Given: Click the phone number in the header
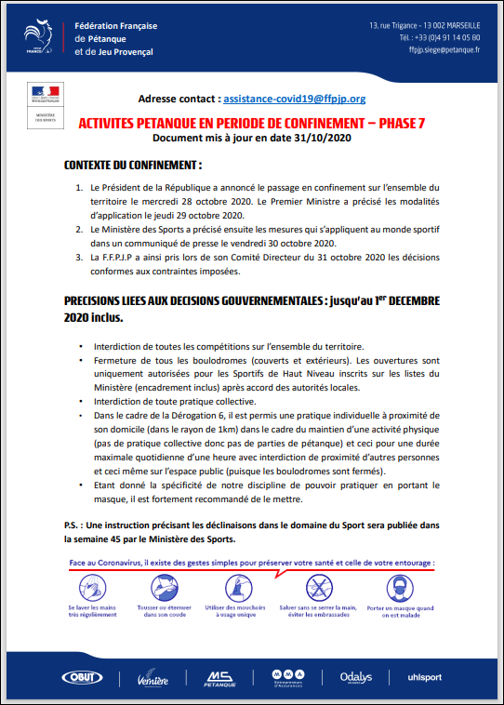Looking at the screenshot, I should click(440, 37).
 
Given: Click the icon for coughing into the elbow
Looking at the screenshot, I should click(164, 587).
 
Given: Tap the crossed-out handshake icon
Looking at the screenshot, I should click(320, 587).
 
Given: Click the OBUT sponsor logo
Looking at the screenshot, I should click(82, 677).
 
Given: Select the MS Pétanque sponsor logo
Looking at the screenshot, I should click(219, 677).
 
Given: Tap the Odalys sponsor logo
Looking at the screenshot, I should click(356, 676).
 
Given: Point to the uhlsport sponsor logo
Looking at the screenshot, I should click(425, 677).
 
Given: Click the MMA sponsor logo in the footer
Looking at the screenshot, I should click(288, 677).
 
